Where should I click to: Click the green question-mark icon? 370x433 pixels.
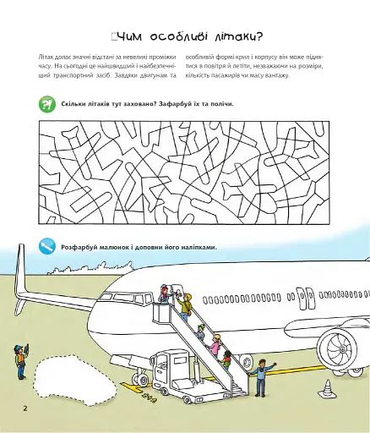tap(47, 104)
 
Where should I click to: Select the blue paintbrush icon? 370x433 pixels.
tap(47, 246)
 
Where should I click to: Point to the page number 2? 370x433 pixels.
tap(25, 408)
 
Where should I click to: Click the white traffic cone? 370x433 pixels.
tap(327, 388)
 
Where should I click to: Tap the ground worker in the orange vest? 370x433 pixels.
tap(21, 361)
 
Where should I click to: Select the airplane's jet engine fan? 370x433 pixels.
tap(341, 348)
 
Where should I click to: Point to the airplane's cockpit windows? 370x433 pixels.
tap(127, 298)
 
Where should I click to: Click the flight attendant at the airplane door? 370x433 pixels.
tap(164, 294)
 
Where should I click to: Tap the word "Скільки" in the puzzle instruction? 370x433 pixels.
tap(72, 104)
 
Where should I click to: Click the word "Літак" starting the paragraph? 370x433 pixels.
tap(45, 57)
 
